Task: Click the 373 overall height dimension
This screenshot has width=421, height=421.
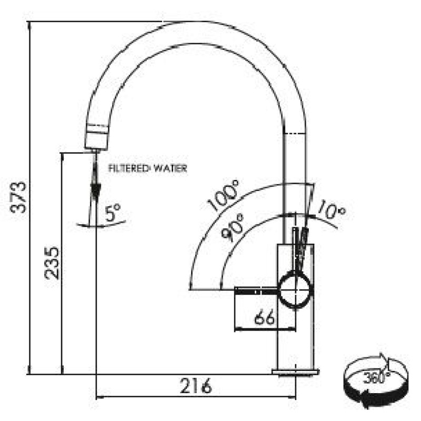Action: [x=18, y=197]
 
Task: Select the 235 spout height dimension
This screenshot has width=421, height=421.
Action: [x=52, y=263]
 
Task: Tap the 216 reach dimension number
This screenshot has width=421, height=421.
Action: [x=196, y=386]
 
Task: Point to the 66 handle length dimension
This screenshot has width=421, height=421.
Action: [x=265, y=317]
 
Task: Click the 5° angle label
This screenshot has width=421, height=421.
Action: [x=113, y=213]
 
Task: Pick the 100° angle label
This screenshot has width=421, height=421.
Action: [x=223, y=195]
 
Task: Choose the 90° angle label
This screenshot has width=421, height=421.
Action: [x=233, y=228]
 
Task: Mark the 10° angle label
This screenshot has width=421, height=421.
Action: [x=332, y=209]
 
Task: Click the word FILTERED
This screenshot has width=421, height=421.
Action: [x=128, y=168]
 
